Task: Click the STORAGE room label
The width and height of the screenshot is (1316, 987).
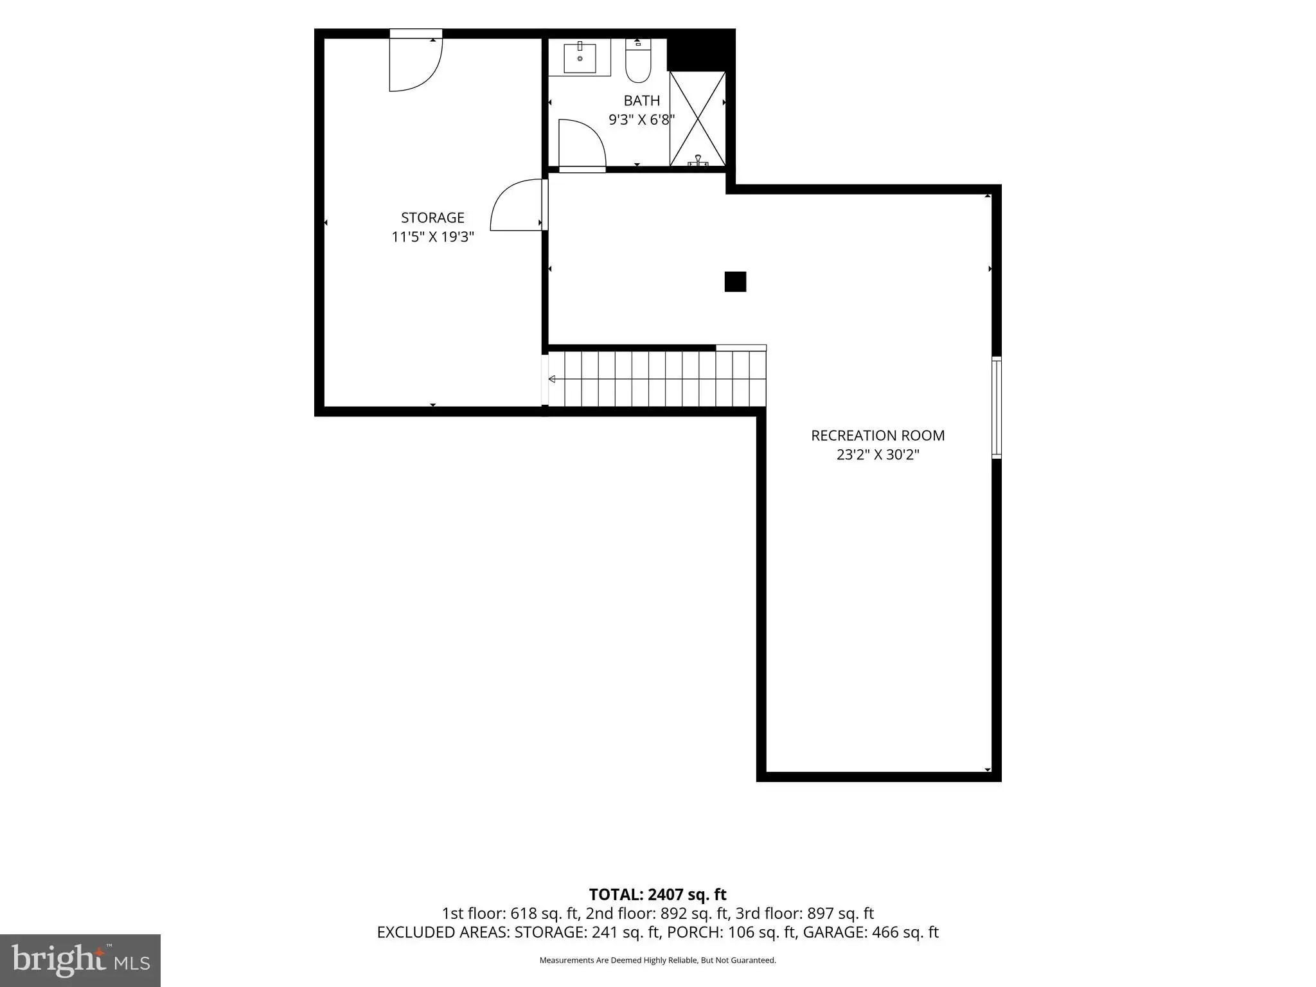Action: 432,217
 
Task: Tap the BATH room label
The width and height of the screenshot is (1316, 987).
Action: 642,100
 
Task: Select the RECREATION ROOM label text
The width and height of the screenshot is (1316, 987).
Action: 878,435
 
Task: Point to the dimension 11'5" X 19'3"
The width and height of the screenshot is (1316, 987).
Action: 432,236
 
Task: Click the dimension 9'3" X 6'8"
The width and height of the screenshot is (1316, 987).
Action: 642,120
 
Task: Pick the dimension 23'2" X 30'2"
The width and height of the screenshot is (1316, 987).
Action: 878,455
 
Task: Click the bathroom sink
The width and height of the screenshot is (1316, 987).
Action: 580,58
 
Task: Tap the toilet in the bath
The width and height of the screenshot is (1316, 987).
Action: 638,60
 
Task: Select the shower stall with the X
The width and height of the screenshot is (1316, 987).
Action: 698,119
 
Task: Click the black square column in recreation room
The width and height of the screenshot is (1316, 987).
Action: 735,281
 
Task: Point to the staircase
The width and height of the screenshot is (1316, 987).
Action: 657,379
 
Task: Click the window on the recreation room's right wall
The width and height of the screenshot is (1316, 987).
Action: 997,407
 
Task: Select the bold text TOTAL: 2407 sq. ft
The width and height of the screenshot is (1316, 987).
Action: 657,894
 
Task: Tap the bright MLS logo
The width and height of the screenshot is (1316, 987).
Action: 80,960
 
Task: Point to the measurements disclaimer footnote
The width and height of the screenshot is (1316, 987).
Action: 657,961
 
